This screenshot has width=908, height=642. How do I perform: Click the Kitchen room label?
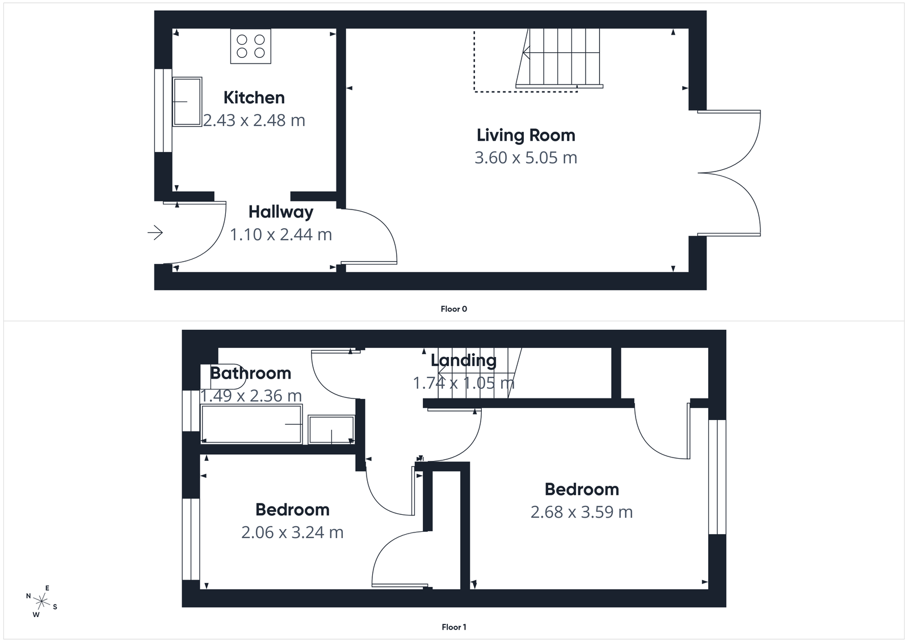[x=254, y=98]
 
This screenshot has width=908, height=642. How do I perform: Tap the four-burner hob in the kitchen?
[x=251, y=47]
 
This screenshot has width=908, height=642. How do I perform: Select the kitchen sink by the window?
[x=187, y=102]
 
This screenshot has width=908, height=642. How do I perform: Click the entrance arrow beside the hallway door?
[x=155, y=232]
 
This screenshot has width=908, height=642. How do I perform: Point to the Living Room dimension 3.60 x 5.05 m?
[x=526, y=157]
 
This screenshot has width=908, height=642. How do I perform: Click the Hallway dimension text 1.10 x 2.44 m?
[x=280, y=234]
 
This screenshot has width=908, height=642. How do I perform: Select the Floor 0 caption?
[x=453, y=309]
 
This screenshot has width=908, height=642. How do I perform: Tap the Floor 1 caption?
[x=453, y=627]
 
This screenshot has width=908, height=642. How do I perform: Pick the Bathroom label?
[x=250, y=373]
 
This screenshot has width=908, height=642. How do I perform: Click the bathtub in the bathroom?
[x=251, y=424]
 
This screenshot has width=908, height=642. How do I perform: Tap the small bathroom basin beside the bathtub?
[x=331, y=430]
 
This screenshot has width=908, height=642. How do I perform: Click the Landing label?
[x=463, y=360]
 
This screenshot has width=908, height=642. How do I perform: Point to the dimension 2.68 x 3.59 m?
[x=581, y=512]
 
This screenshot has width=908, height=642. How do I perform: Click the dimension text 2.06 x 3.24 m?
[x=292, y=532]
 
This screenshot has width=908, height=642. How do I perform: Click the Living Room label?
[x=526, y=135]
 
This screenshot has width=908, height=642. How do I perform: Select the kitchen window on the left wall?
[x=163, y=111]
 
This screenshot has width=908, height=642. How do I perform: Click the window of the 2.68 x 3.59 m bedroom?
[x=717, y=477]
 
